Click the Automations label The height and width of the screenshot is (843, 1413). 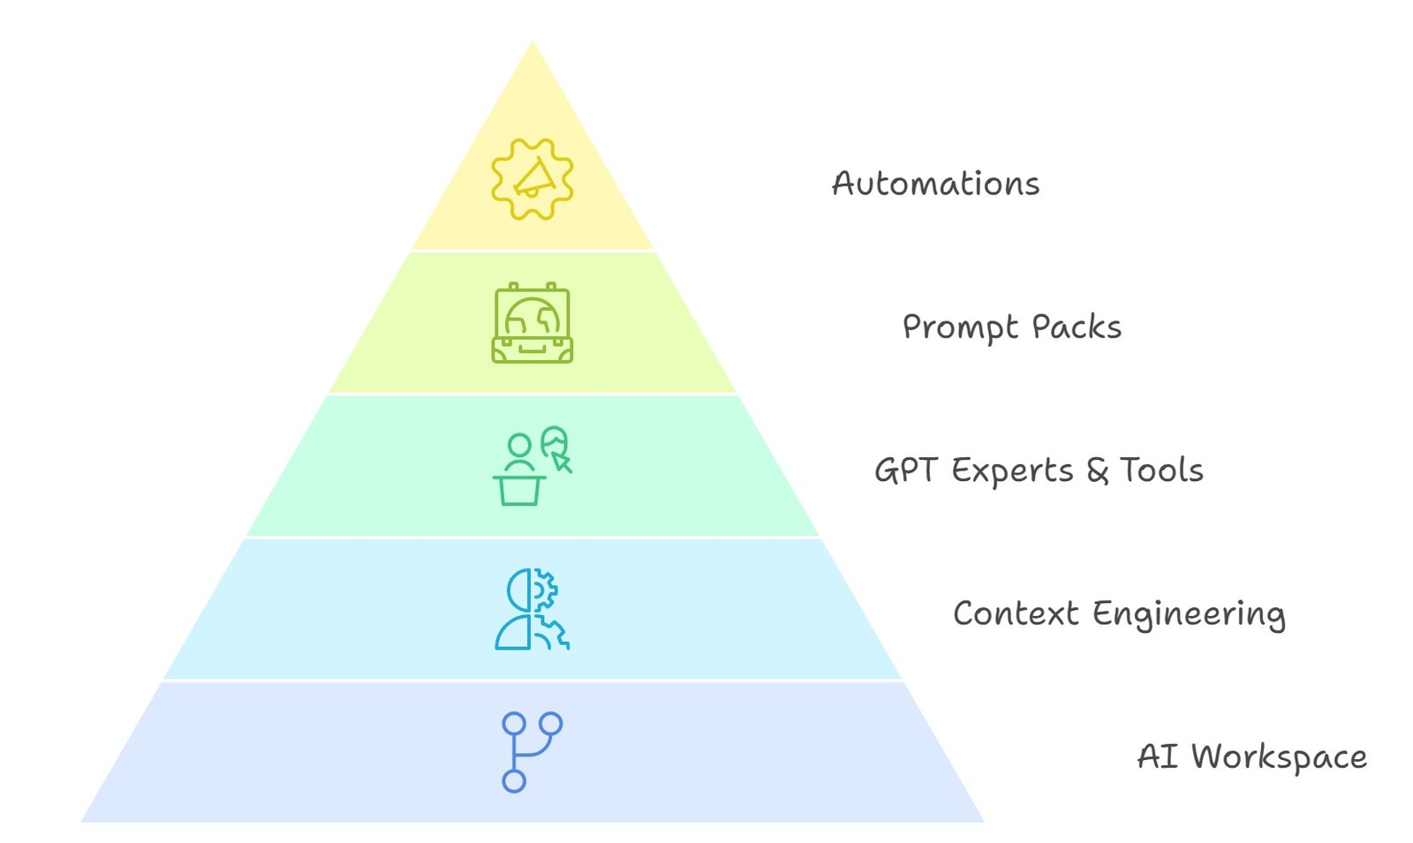(x=935, y=184)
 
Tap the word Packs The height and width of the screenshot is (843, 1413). (x=1077, y=327)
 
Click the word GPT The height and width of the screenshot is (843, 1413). (x=905, y=470)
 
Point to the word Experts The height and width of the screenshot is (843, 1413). (x=1012, y=470)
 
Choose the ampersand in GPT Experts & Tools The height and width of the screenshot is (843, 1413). (x=1098, y=470)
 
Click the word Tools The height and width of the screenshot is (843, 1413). (x=1161, y=470)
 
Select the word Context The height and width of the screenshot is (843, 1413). (x=1016, y=613)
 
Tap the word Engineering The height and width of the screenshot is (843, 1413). (x=1189, y=614)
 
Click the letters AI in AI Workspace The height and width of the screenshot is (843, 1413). (x=1157, y=757)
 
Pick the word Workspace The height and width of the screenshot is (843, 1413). (x=1279, y=757)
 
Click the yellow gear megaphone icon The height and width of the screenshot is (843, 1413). (x=533, y=179)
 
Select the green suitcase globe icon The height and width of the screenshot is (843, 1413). (x=533, y=323)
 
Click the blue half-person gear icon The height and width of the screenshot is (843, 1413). (x=533, y=610)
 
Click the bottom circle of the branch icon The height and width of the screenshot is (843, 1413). (x=514, y=781)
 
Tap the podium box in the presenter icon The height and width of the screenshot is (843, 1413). (x=519, y=490)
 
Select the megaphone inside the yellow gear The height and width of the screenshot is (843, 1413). (x=534, y=179)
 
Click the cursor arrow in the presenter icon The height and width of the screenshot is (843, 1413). (x=563, y=463)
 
